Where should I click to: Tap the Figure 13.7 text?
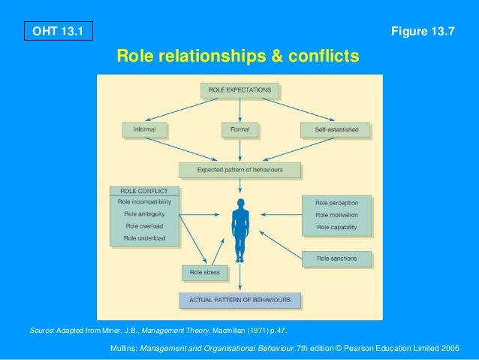(423, 31)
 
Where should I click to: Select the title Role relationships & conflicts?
(238, 56)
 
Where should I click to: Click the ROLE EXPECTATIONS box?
(239, 90)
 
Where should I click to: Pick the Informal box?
(144, 129)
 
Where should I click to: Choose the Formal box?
(239, 129)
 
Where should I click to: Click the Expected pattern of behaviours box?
(239, 170)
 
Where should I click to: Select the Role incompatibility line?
(144, 202)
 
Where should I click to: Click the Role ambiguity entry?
(144, 214)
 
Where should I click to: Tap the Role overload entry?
(144, 225)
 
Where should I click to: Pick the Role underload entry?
(144, 237)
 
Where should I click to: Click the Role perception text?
(337, 203)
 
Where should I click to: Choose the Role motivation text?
(337, 215)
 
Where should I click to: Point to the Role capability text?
(337, 227)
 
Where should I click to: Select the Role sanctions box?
(336, 259)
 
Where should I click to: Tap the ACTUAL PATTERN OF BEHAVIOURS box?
(239, 301)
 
